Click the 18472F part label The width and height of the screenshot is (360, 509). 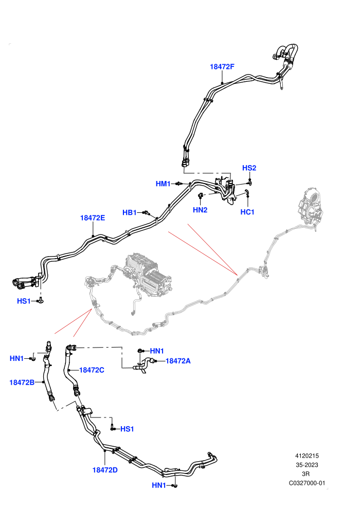(222, 66)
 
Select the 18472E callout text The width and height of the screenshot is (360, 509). (93, 218)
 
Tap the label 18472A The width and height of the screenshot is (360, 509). (178, 361)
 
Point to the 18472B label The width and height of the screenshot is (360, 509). (22, 383)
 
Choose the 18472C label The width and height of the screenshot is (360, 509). (92, 370)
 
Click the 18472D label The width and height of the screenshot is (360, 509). (105, 470)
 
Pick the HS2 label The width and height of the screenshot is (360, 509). (249, 168)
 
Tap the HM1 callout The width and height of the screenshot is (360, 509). (163, 184)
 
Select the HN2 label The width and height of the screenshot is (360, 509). (200, 210)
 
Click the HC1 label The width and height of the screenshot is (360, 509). (247, 212)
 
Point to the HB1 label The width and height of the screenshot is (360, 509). (130, 213)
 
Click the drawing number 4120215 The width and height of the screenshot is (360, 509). (307, 456)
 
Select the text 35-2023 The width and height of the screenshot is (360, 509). (307, 465)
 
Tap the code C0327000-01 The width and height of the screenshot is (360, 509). (307, 483)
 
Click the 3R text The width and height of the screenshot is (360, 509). (306, 474)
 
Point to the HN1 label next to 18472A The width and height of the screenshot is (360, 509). (157, 351)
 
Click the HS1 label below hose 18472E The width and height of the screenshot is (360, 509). (24, 301)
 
